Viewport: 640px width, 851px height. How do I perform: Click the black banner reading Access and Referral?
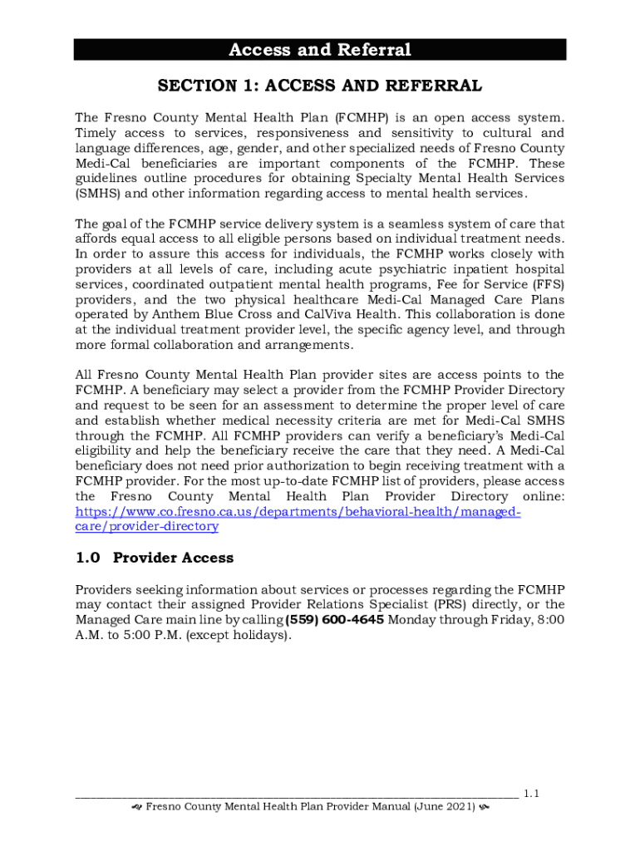pos(320,50)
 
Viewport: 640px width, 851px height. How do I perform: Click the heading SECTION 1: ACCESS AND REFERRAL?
pos(320,86)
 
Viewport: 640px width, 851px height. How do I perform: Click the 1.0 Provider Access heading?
pos(154,558)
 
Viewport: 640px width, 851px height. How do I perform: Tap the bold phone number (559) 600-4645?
pos(334,620)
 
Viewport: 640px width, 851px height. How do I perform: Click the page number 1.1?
pos(532,794)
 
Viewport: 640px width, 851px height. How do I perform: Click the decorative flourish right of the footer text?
pos(483,808)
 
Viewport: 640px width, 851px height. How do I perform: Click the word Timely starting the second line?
pos(96,133)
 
